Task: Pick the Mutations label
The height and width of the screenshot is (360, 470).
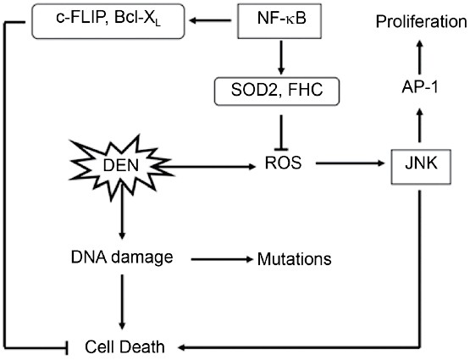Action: (x=292, y=258)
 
